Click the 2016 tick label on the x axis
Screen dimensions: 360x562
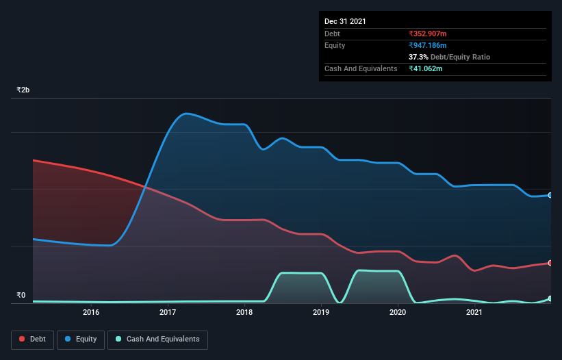(91, 313)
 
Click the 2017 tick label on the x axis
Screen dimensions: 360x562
(168, 313)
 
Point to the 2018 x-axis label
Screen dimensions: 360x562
(244, 313)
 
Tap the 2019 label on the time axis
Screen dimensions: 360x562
(321, 313)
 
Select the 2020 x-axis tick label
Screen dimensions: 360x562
(398, 313)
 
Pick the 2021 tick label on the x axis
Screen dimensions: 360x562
(474, 313)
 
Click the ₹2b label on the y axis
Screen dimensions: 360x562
(23, 90)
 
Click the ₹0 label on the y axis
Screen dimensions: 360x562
(21, 296)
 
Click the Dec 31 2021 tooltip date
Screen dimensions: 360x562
(345, 21)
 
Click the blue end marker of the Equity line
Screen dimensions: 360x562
(550, 195)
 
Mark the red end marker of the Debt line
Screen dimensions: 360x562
(550, 263)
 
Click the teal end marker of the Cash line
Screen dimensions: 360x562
(550, 298)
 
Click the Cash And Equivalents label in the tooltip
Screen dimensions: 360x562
(361, 68)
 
